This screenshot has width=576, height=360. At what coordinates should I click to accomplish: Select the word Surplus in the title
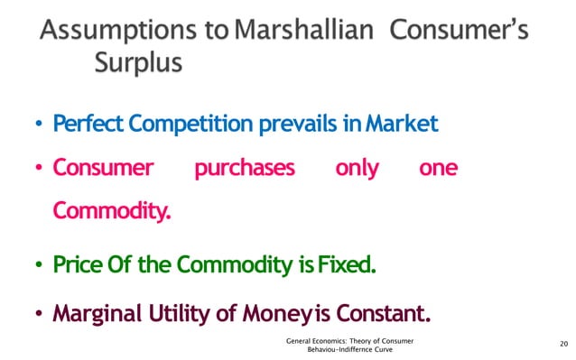139,64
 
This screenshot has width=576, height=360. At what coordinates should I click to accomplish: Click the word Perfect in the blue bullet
82,123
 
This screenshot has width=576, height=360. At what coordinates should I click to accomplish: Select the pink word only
357,169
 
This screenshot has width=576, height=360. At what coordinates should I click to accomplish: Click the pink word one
439,169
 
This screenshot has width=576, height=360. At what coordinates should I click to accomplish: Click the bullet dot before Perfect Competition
40,125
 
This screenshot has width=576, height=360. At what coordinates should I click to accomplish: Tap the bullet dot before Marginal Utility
40,316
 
